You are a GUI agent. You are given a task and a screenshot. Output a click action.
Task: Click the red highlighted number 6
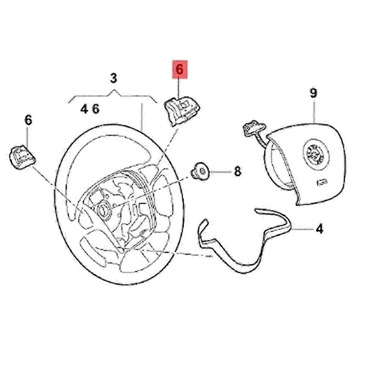pos(180,70)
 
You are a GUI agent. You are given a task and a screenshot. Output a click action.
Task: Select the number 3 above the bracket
pos(114,78)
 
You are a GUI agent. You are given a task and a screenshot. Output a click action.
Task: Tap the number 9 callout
pos(313,94)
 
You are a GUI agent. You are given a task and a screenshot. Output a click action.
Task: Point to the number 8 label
pos(237,171)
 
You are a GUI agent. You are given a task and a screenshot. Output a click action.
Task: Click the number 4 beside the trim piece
pos(319,229)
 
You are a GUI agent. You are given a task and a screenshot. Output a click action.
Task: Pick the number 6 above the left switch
pos(28,120)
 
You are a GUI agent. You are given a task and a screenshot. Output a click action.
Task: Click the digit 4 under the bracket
pos(84,109)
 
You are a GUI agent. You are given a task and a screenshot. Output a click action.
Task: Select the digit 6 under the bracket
pos(95,109)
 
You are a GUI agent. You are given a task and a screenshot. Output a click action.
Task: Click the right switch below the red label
pos(181,110)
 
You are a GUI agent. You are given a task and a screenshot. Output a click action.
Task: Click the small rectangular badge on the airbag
pos(322,182)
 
